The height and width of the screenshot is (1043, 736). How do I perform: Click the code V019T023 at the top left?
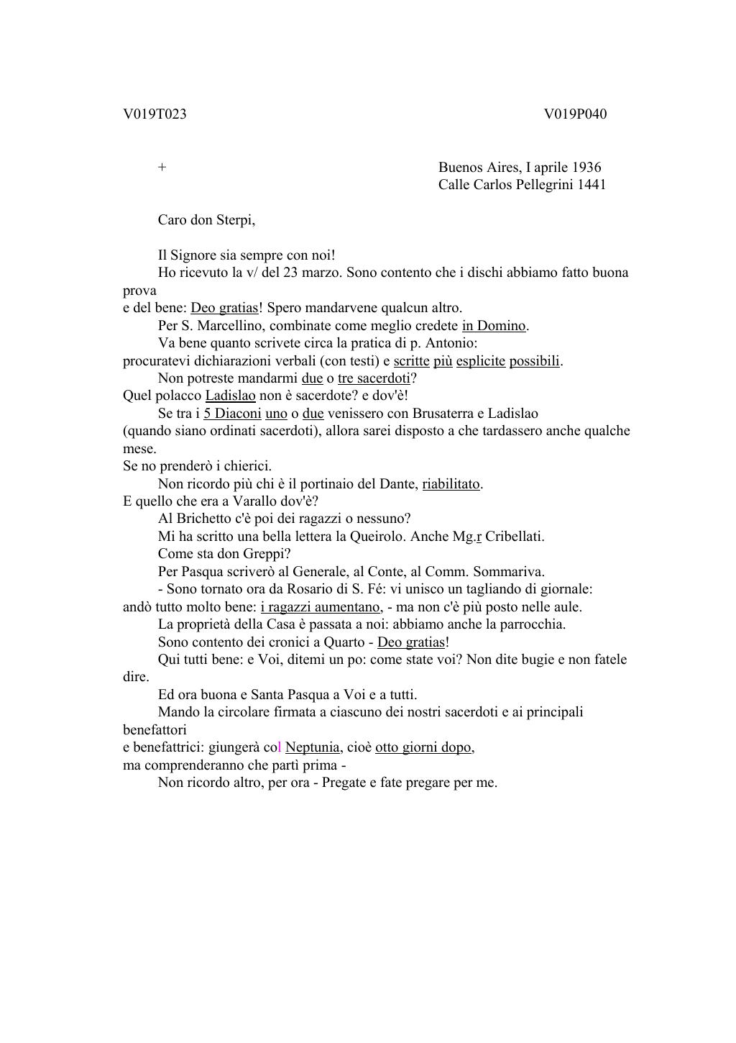(x=155, y=114)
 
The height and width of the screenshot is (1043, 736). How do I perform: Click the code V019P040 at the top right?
(x=575, y=114)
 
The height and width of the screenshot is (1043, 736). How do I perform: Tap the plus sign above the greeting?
(x=162, y=168)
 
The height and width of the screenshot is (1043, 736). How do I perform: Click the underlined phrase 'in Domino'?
(x=494, y=326)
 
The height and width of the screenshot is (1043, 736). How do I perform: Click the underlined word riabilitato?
(x=451, y=484)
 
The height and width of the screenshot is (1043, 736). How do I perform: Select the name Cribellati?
(x=515, y=537)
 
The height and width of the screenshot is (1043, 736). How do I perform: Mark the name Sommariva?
(x=512, y=572)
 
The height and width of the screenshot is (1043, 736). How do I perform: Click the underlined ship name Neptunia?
(x=312, y=747)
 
